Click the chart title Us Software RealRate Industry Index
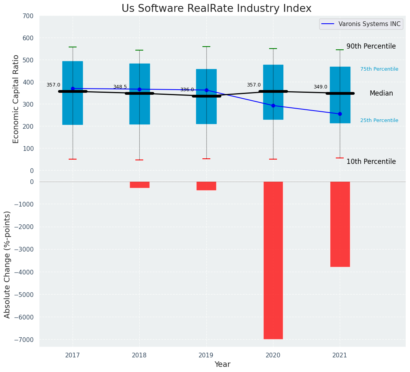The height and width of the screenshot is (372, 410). (x=216, y=9)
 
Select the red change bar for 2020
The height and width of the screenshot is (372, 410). (x=273, y=260)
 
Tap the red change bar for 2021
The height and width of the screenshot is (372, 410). (x=340, y=224)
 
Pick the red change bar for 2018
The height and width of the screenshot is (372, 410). (x=139, y=185)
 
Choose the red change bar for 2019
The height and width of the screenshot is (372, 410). (x=206, y=186)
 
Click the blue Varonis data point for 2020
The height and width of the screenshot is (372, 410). (x=273, y=105)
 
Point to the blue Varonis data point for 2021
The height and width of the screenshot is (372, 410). (x=340, y=114)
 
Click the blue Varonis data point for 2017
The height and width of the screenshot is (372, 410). (x=73, y=88)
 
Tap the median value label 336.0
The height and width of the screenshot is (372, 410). (x=187, y=90)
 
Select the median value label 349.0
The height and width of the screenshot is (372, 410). (x=320, y=87)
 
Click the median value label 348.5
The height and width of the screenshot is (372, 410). (x=120, y=87)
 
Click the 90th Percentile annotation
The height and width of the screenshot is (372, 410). (x=371, y=46)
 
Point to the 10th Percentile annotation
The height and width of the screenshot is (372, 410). (x=371, y=162)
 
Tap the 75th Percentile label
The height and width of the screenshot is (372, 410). (x=379, y=69)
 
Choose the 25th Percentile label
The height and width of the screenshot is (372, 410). (x=379, y=120)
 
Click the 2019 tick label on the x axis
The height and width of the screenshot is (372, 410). (x=206, y=355)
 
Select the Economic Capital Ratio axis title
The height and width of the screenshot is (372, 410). (x=16, y=99)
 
